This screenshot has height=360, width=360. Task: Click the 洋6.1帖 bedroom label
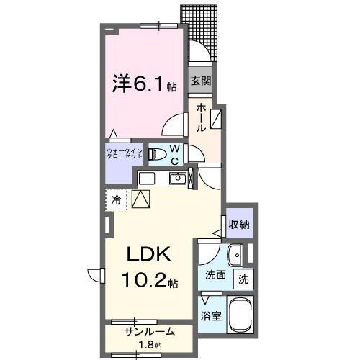tap(143, 84)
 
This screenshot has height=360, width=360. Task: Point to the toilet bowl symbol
tap(156, 153)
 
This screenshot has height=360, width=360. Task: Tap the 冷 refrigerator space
tap(115, 198)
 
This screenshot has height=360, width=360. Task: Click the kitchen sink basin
tap(176, 179)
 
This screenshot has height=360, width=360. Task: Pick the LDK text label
tap(150, 254)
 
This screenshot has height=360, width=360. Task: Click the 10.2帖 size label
tap(153, 279)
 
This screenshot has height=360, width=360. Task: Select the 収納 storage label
tap(239, 225)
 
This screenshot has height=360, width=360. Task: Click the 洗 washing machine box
tap(243, 279)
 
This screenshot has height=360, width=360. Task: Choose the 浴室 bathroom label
tap(210, 315)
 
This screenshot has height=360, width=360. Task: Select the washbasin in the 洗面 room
tap(234, 254)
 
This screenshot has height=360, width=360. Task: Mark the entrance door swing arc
tap(199, 52)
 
